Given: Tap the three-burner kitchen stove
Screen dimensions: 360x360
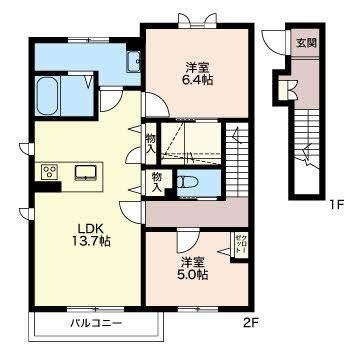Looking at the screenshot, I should click(50, 171).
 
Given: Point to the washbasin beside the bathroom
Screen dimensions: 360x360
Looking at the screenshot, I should click(133, 62).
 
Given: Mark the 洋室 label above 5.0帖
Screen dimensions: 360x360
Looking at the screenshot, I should click(194, 260).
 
